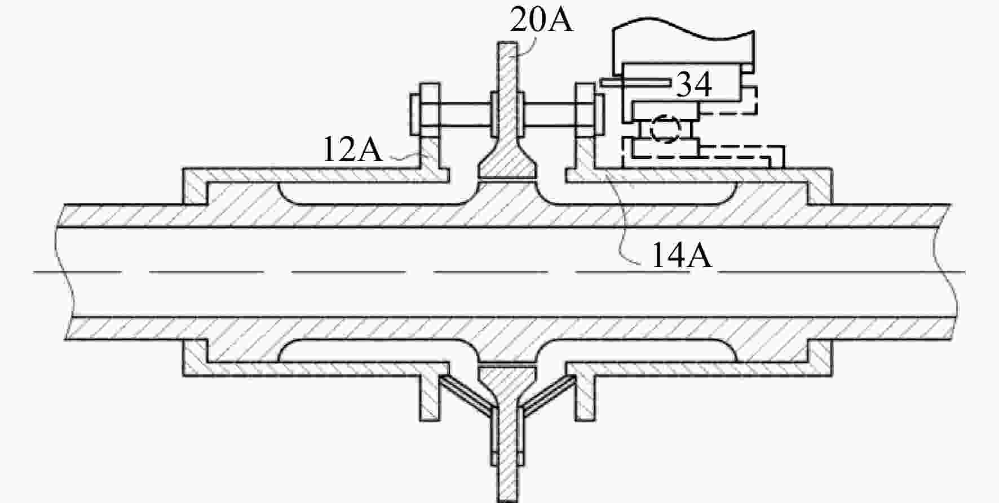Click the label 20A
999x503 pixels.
(x=542, y=20)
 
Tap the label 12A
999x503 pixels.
(x=352, y=150)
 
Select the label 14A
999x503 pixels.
(x=682, y=255)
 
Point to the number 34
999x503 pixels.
(x=693, y=84)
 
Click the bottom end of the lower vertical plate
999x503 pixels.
(x=509, y=500)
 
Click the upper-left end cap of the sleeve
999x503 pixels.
(x=195, y=186)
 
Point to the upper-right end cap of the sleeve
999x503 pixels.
(x=819, y=186)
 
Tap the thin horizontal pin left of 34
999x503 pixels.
(x=635, y=83)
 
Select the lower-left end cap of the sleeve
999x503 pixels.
(x=195, y=358)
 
